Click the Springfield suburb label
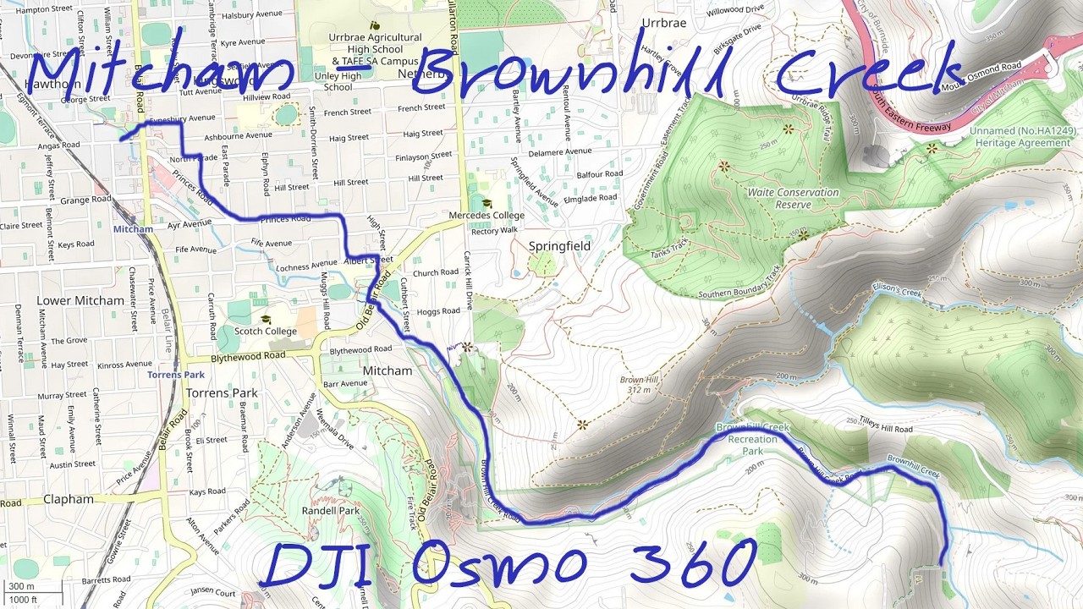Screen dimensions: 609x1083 point(559,246)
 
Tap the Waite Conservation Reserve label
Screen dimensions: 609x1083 point(793,198)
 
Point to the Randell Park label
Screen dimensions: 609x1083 point(331,511)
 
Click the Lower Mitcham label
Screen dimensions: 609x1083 point(80,301)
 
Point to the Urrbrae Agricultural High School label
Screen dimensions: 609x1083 point(377,49)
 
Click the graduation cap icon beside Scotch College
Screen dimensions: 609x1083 point(266,320)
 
